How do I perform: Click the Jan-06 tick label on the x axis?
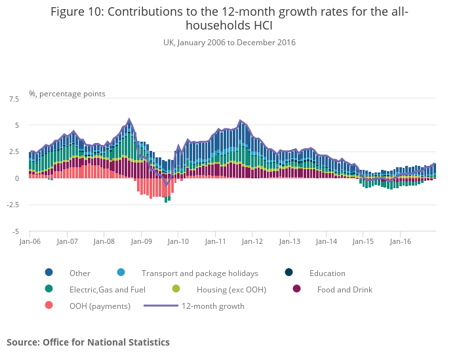click(x=30, y=241)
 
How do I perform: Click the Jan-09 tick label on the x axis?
click(x=141, y=241)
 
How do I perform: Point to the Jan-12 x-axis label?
click(x=252, y=241)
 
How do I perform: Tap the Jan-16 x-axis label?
click(x=401, y=241)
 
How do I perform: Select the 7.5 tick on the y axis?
click(x=14, y=98)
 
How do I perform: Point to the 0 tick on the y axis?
click(x=17, y=178)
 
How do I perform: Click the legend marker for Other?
click(x=49, y=273)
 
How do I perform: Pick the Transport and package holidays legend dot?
click(x=121, y=273)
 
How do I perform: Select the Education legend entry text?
click(x=327, y=273)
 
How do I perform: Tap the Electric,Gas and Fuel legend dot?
click(x=49, y=289)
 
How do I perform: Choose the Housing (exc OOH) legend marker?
click(x=176, y=289)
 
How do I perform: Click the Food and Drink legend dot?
click(x=296, y=289)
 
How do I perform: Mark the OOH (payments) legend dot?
click(x=49, y=306)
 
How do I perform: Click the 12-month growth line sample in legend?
click(x=160, y=306)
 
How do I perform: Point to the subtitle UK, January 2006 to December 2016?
click(x=229, y=43)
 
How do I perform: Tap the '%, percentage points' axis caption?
click(x=67, y=94)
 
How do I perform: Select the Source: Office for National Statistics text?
click(x=88, y=342)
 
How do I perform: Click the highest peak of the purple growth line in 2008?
click(x=129, y=119)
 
